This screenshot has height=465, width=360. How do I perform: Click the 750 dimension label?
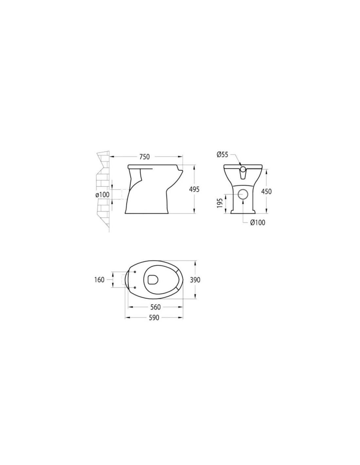(x=144, y=157)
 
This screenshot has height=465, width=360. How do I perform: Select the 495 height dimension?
(x=194, y=189)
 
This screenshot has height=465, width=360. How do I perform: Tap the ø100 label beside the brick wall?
(x=102, y=195)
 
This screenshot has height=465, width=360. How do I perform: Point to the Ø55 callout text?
(x=223, y=155)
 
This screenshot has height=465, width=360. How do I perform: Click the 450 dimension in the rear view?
(x=266, y=192)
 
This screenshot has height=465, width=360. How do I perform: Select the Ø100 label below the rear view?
(x=258, y=223)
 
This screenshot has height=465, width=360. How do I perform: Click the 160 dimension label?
(x=99, y=280)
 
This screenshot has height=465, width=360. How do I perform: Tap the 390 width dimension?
(x=195, y=280)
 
